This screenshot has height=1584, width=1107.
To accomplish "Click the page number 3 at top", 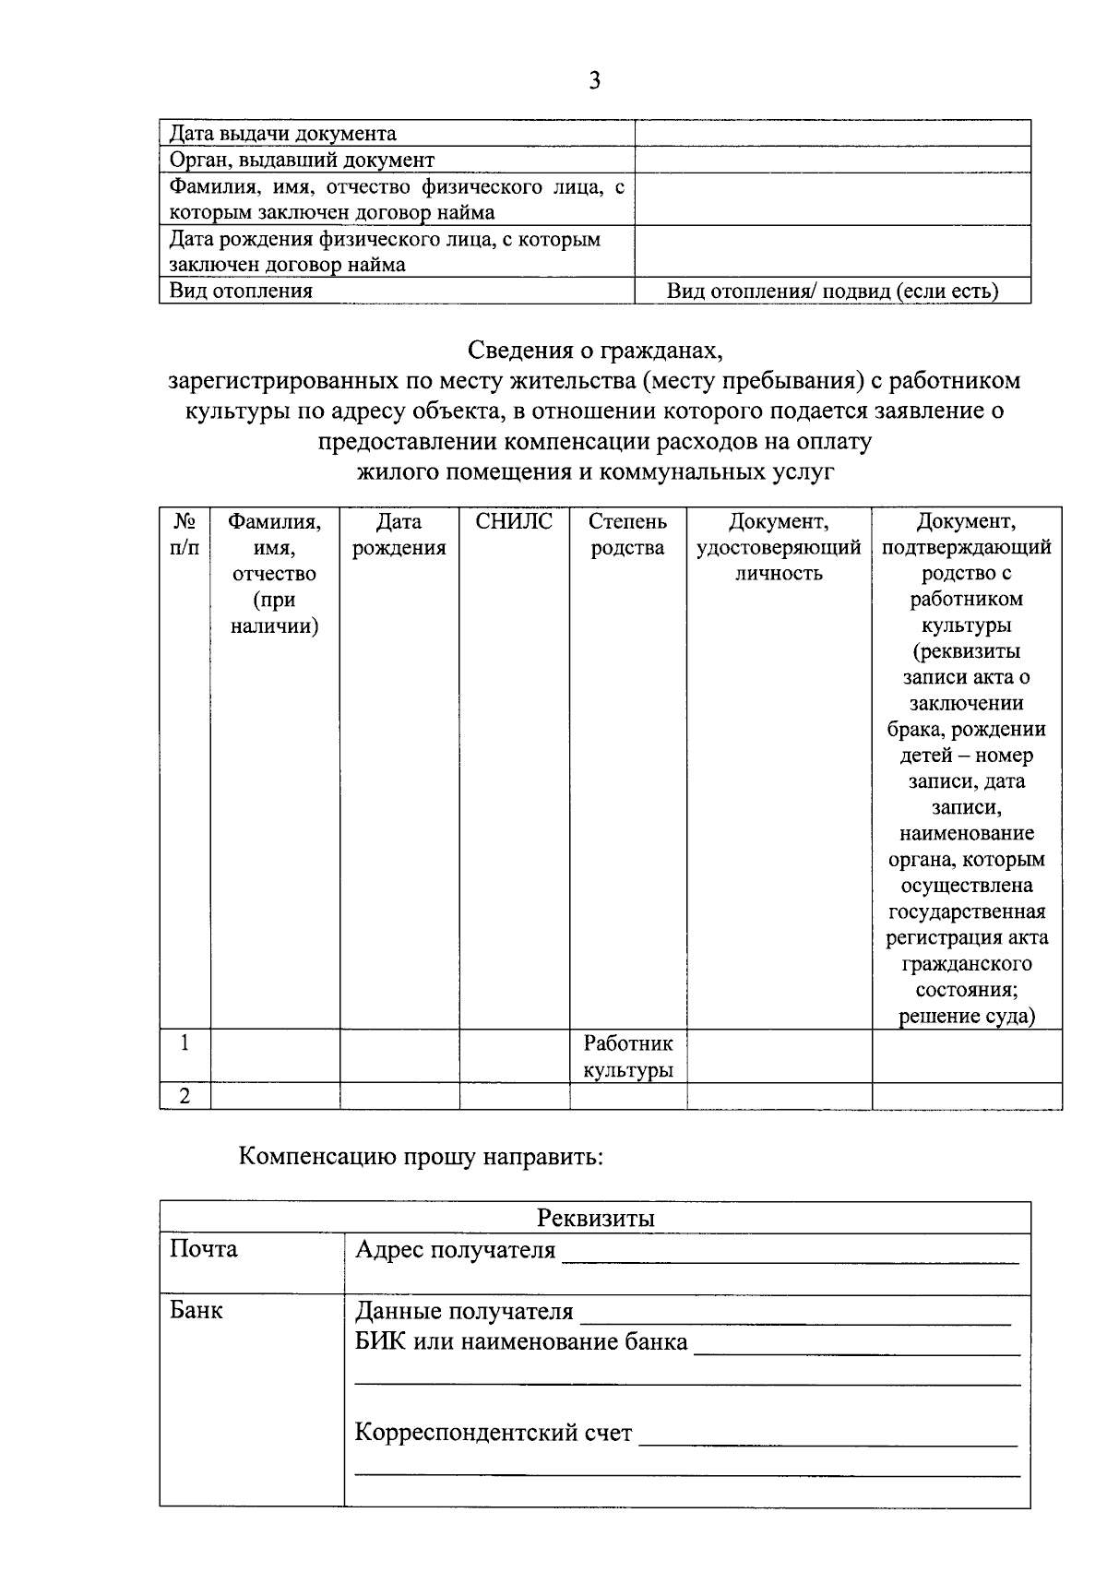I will [594, 81].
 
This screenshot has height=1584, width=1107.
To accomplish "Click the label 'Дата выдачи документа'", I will [283, 134].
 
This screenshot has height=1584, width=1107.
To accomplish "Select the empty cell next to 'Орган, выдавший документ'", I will [832, 160].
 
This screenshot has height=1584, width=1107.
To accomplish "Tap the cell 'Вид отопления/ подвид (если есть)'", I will [832, 292].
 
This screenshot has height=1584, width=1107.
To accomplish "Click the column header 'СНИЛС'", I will [514, 522].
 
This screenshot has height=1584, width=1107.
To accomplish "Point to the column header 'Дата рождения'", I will [399, 535].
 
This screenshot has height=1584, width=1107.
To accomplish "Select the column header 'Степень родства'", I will [627, 535].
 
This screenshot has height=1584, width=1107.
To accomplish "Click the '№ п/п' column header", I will [184, 535].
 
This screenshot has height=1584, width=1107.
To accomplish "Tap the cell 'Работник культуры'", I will [627, 1056].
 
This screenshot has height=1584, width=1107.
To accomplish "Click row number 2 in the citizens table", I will [184, 1096].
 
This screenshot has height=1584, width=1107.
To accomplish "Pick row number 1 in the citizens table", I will [184, 1043].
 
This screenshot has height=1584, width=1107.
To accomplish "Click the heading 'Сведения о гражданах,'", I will [594, 351].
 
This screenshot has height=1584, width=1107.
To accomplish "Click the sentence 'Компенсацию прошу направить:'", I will [421, 1156].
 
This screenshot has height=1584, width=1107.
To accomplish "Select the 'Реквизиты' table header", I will [595, 1218].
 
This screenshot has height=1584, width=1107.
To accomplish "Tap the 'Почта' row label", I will [204, 1249].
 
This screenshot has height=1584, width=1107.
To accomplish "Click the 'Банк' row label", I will [196, 1310].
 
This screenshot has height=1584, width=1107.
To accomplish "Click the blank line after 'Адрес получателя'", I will [790, 1254].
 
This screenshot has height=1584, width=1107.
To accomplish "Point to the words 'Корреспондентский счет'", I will [494, 1433].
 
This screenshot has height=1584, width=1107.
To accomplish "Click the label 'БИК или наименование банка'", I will [521, 1341].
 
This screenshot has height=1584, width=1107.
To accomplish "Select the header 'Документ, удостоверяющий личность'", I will [779, 548].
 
